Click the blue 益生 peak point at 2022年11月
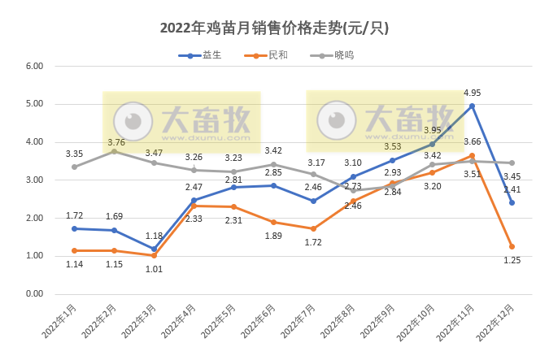[x=472, y=106]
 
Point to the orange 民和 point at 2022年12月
[x=512, y=246]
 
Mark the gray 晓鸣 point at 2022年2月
[x=114, y=151]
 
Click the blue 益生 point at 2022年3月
[x=154, y=249]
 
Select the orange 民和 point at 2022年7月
[x=313, y=228]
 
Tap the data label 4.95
[x=473, y=93]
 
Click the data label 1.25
[x=512, y=260]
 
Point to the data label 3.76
[x=115, y=140]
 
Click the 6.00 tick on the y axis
[x=33, y=66]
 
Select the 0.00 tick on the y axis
[x=33, y=294]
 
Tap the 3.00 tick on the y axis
[x=33, y=180]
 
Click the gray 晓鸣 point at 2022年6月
[x=273, y=164]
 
